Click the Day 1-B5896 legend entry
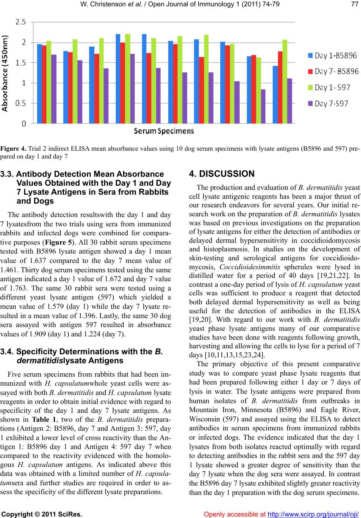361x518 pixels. point(332,56)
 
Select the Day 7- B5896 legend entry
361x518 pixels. point(332,71)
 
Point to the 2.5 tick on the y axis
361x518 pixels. point(21,22)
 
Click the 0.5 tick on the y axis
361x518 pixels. point(21,103)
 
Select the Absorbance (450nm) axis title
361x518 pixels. point(5,73)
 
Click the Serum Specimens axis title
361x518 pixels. point(164,131)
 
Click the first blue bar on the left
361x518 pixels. point(40,84)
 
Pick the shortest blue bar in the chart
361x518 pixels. point(275,94)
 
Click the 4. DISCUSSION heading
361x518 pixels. point(222,174)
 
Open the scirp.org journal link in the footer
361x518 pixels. point(314,514)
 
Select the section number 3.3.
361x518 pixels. point(7,174)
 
